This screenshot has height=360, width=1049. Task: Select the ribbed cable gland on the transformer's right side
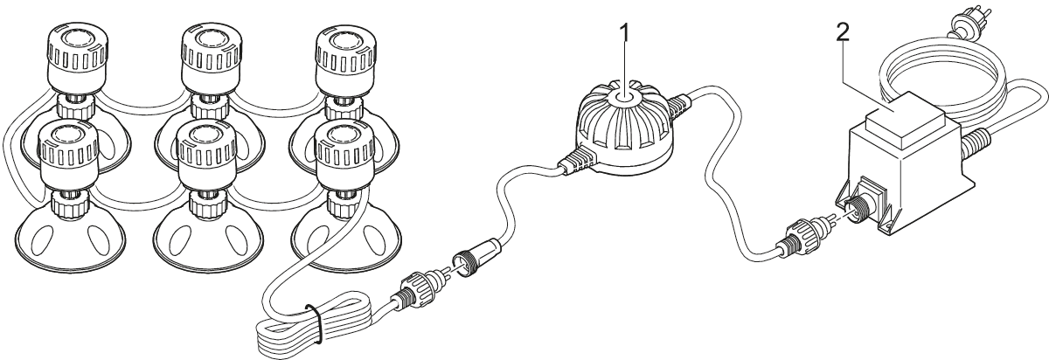click(976, 140)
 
